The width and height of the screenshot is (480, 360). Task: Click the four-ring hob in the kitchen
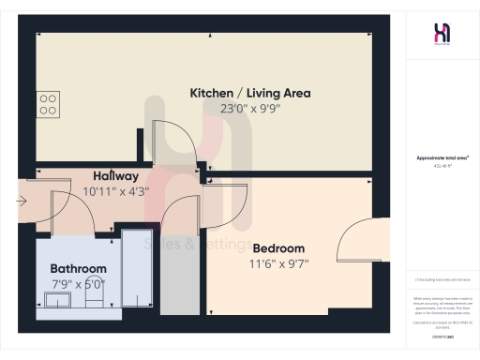pyautogui.click(x=49, y=103)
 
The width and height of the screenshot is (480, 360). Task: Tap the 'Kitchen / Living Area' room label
pyautogui.click(x=250, y=93)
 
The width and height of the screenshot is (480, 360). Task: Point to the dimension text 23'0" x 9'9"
pyautogui.click(x=249, y=108)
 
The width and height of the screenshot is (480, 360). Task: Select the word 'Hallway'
pyautogui.click(x=116, y=176)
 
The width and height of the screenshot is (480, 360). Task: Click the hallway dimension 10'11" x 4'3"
pyautogui.click(x=116, y=191)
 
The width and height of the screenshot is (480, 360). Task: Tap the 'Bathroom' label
pyautogui.click(x=78, y=268)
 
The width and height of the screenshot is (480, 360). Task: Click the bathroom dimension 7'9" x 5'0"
pyautogui.click(x=78, y=283)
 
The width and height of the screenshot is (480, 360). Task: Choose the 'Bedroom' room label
pyautogui.click(x=278, y=247)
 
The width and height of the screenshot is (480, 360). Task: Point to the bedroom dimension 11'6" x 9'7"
pyautogui.click(x=278, y=263)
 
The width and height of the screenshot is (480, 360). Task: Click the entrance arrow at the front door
pyautogui.click(x=22, y=200)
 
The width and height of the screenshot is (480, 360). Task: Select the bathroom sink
pyautogui.click(x=58, y=300)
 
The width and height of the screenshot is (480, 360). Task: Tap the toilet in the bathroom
pyautogui.click(x=95, y=298)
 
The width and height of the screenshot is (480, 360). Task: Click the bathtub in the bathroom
pyautogui.click(x=140, y=266)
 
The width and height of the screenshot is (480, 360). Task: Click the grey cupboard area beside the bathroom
pyautogui.click(x=174, y=281)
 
